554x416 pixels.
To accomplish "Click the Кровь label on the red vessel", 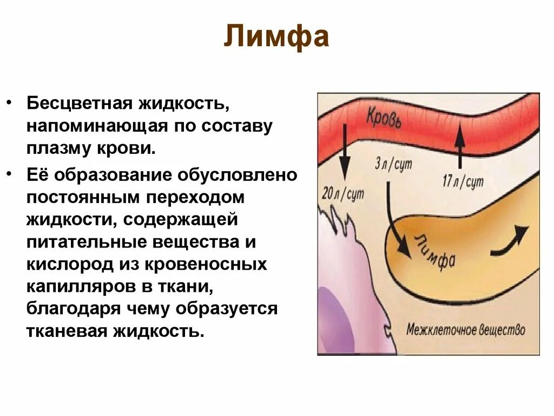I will (384, 118).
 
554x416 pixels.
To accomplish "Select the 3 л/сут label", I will (393, 164).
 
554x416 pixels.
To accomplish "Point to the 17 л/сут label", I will (463, 182).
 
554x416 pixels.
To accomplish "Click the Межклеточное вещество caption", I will (465, 329).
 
